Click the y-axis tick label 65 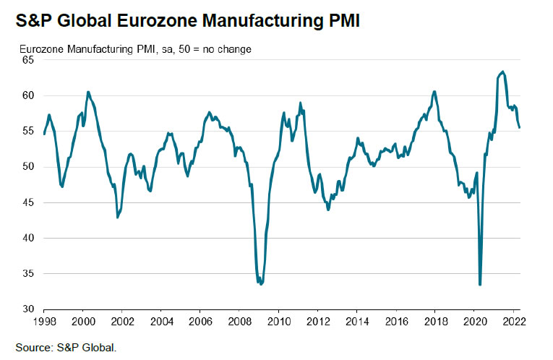[x=28, y=60]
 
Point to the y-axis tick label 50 [x=28, y=167]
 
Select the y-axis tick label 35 [x=28, y=274]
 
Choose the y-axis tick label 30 [x=28, y=309]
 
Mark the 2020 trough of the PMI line [x=480, y=285]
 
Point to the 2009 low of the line [x=261, y=284]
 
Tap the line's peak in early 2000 [x=88, y=92]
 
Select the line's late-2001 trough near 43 [x=118, y=217]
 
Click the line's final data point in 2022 [x=520, y=127]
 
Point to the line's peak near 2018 [x=434, y=91]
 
